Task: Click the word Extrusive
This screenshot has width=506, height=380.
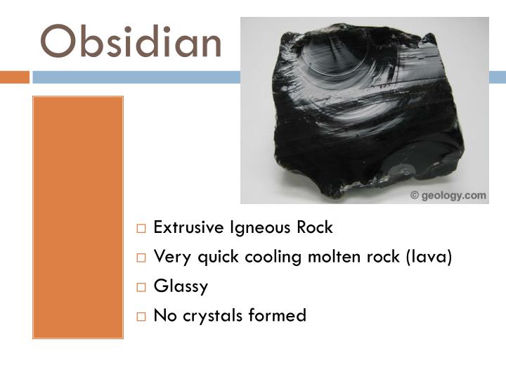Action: pyautogui.click(x=184, y=228)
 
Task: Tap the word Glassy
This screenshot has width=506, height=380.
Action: pyautogui.click(x=181, y=286)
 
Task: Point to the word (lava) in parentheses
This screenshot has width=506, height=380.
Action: pyautogui.click(x=427, y=257)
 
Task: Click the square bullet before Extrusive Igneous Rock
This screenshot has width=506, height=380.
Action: pyautogui.click(x=141, y=229)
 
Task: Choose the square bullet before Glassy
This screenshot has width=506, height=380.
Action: pyautogui.click(x=141, y=287)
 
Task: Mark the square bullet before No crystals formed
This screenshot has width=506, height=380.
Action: pyautogui.click(x=141, y=316)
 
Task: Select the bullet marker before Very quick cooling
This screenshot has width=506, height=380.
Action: pyautogui.click(x=141, y=258)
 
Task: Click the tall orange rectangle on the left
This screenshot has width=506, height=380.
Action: pyautogui.click(x=78, y=217)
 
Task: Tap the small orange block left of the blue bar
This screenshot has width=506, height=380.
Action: pyautogui.click(x=14, y=77)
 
